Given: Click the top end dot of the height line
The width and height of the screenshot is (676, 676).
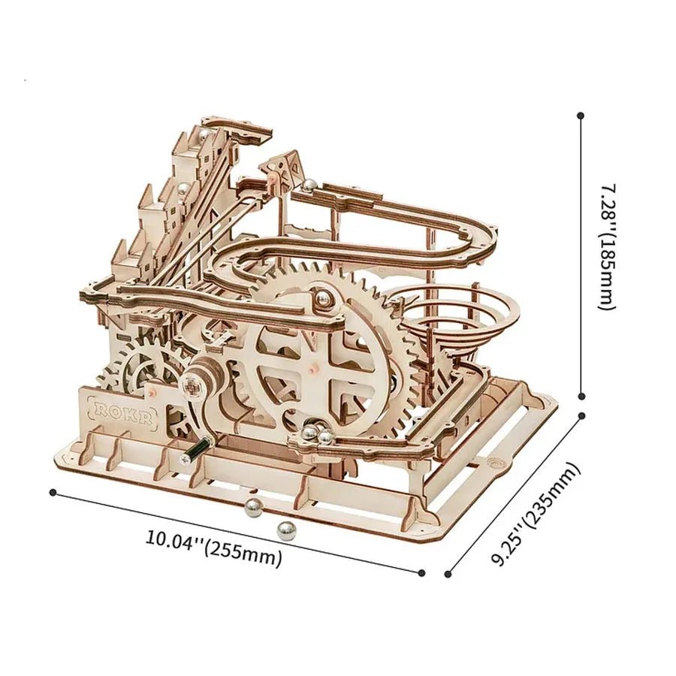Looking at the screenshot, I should (x=581, y=116).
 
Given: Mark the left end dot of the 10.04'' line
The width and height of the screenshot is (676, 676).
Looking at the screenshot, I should (x=53, y=492).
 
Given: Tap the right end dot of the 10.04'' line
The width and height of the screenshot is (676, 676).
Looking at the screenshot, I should (x=421, y=572).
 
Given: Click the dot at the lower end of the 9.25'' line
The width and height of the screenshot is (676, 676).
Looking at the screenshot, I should (x=448, y=575).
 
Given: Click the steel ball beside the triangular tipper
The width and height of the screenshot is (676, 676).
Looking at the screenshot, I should (x=307, y=184).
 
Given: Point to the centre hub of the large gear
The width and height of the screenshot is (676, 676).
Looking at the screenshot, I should (x=309, y=370).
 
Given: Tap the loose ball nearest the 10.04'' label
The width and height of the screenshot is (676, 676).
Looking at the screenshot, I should (x=286, y=531).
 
